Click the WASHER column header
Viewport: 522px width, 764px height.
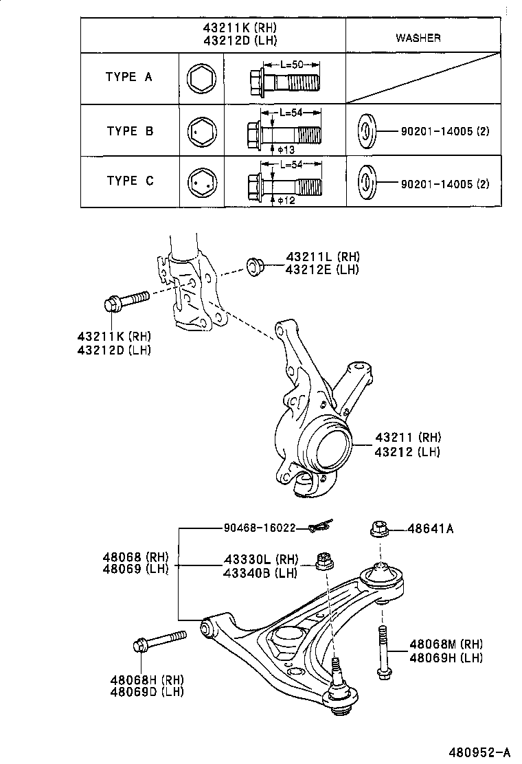coord(418,38)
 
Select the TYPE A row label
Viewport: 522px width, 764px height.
coord(129,77)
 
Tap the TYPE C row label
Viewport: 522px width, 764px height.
coord(130,181)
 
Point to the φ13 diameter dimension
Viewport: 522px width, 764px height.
coord(285,148)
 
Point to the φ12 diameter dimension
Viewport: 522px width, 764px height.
coord(285,200)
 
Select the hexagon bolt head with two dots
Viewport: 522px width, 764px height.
coord(202,183)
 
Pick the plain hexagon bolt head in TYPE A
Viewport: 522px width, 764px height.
coord(202,78)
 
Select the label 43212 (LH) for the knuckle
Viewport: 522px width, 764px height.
coord(407,451)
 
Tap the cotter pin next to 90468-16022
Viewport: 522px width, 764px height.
coord(319,526)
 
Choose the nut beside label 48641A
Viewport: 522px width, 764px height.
coord(379,529)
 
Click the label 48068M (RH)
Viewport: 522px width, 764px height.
coord(446,644)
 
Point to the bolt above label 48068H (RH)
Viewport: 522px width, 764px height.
coord(159,641)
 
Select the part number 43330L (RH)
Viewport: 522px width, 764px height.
coord(260,559)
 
